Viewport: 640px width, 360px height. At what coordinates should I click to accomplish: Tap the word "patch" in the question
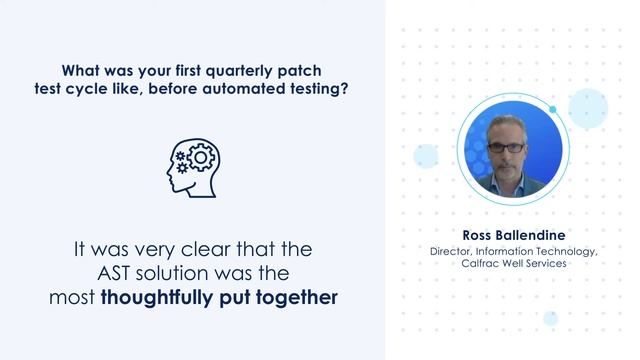pyautogui.click(x=304, y=71)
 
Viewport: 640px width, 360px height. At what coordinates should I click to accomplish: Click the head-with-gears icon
pyautogui.click(x=193, y=164)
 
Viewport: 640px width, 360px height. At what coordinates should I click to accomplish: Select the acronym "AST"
pyautogui.click(x=129, y=272)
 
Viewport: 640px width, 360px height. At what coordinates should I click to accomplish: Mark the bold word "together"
pyautogui.click(x=297, y=297)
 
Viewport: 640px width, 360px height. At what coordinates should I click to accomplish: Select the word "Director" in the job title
pyautogui.click(x=453, y=251)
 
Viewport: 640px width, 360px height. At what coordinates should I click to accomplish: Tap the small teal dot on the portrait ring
pyautogui.click(x=552, y=109)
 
